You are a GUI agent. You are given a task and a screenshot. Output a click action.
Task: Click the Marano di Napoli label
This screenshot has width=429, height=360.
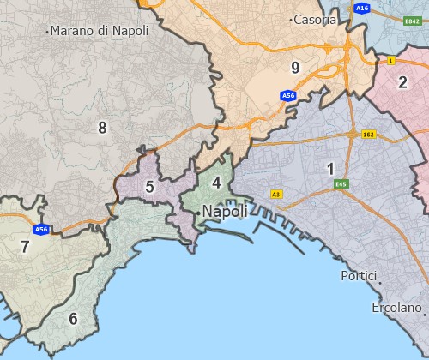[x=100, y=31]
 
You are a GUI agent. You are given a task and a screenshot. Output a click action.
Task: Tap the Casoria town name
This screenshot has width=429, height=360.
[x=315, y=20]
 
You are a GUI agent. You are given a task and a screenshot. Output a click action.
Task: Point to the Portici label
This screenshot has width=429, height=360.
[x=359, y=276]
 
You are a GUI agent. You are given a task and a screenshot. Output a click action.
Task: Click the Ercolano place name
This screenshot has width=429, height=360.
[x=396, y=307]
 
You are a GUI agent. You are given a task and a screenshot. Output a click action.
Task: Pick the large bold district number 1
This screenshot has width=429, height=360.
[x=330, y=169]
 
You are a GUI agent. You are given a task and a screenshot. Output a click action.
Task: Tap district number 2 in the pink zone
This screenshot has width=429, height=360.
[x=402, y=83]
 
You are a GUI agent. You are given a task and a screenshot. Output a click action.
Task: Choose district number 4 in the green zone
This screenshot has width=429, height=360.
[x=217, y=183]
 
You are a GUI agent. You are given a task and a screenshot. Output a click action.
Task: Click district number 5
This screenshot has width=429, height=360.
[x=149, y=187]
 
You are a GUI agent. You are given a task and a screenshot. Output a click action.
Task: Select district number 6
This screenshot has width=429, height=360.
[x=73, y=320]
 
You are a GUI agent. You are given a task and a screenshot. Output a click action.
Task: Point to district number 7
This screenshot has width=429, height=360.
[x=25, y=248]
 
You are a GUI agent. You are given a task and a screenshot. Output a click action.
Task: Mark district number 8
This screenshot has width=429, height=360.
[x=102, y=129]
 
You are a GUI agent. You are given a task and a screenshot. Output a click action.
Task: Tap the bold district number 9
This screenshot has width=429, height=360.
[x=295, y=68]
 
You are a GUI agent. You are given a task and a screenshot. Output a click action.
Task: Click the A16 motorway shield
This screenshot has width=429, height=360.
[x=361, y=8]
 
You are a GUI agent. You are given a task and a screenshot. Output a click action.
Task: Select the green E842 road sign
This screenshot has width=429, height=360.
[x=413, y=20]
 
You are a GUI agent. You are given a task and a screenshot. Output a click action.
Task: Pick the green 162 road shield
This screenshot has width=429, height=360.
[x=369, y=135]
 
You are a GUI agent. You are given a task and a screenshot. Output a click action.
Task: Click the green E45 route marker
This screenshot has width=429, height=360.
[x=342, y=183]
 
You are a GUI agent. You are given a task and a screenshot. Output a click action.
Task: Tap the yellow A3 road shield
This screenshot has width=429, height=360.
[x=275, y=195]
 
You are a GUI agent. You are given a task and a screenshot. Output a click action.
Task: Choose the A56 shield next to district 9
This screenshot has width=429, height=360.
[x=288, y=96]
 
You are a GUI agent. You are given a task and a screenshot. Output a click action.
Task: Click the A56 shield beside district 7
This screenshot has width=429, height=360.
[x=41, y=230]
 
